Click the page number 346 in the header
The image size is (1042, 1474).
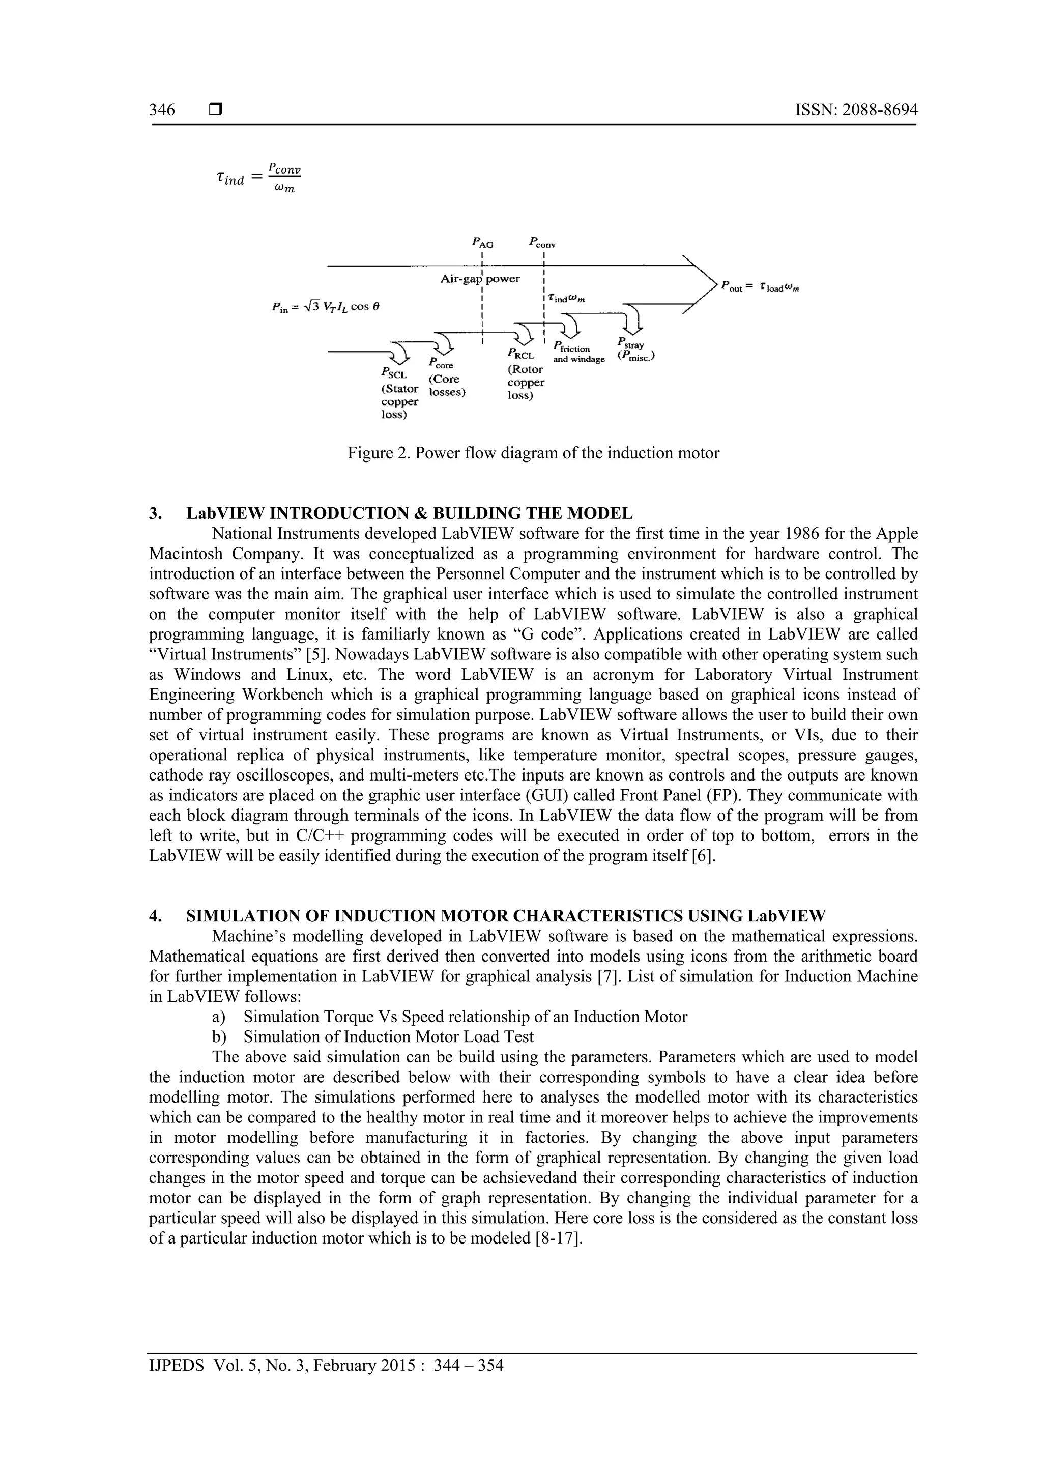click(x=162, y=110)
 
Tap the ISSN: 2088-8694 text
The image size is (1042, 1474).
click(x=856, y=110)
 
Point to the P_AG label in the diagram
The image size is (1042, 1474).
click(x=482, y=243)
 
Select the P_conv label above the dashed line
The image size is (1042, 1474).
click(x=542, y=243)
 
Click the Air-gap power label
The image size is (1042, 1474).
click(x=480, y=279)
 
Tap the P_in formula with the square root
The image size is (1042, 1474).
click(x=326, y=307)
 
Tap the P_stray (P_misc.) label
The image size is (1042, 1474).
click(x=635, y=350)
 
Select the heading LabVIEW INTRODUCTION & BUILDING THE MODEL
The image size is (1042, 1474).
click(x=409, y=513)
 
